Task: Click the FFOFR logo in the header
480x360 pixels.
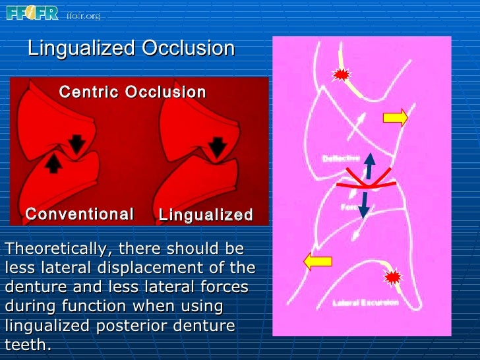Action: tap(32, 13)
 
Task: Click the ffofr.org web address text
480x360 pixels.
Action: tap(83, 15)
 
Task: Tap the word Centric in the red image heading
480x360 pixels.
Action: tap(90, 92)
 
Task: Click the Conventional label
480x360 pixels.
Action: tap(79, 214)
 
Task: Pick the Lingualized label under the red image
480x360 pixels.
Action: tap(206, 215)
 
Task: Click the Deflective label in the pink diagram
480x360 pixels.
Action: tap(341, 158)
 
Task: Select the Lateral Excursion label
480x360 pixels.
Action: tap(365, 303)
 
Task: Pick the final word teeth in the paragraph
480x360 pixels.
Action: tap(26, 345)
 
